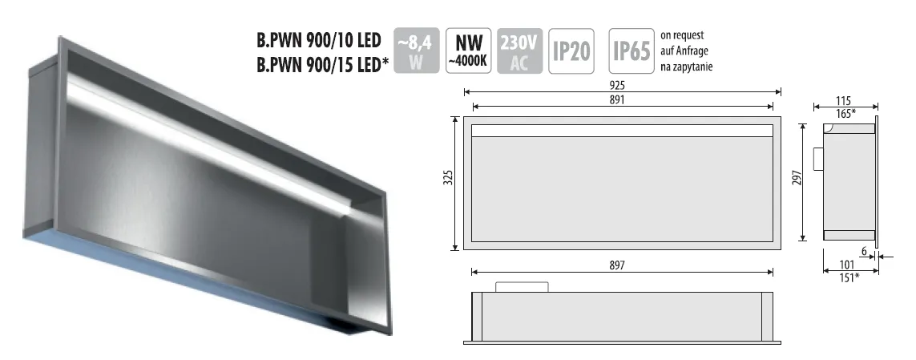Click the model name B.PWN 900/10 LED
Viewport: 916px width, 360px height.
(x=318, y=40)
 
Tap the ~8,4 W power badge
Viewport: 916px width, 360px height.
(x=417, y=51)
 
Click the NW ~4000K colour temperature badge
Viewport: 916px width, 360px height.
(x=468, y=51)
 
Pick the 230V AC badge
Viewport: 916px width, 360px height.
(x=519, y=51)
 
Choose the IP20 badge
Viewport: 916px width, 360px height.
(x=571, y=51)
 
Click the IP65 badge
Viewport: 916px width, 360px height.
(x=632, y=51)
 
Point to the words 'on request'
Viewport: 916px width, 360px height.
(x=682, y=35)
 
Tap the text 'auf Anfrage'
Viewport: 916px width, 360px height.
(x=684, y=51)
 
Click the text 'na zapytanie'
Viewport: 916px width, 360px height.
(x=687, y=67)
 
